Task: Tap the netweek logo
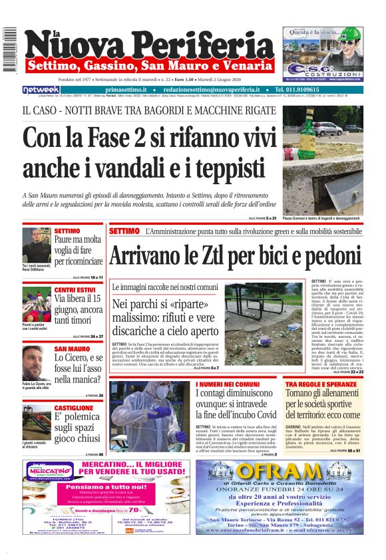(x=41, y=89)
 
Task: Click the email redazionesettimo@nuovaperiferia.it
(x=212, y=89)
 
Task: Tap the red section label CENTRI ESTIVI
(x=75, y=291)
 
